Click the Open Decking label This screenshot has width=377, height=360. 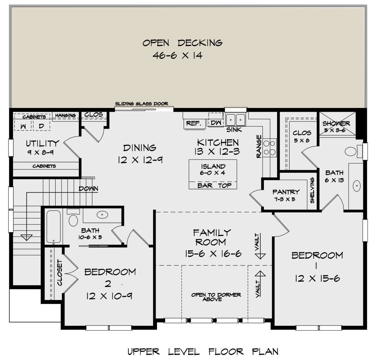182,43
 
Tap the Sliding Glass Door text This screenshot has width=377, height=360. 141,104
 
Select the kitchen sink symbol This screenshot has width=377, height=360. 236,120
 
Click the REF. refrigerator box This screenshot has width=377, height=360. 194,123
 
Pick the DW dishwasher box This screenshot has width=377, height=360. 216,123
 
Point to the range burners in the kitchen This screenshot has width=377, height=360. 269,148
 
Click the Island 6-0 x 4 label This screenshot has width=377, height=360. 213,169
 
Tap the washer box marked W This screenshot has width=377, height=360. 23,126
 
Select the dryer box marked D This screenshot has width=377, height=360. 41,126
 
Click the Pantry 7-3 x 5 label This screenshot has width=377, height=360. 286,195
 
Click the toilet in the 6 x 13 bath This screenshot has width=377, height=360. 351,152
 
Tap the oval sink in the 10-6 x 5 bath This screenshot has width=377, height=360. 102,215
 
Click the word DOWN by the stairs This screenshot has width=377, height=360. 88,189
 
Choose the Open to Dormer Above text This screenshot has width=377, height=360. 216,297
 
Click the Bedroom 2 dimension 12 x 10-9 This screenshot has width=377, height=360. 109,296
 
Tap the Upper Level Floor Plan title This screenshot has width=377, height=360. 203,352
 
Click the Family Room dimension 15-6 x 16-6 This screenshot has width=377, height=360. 213,254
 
